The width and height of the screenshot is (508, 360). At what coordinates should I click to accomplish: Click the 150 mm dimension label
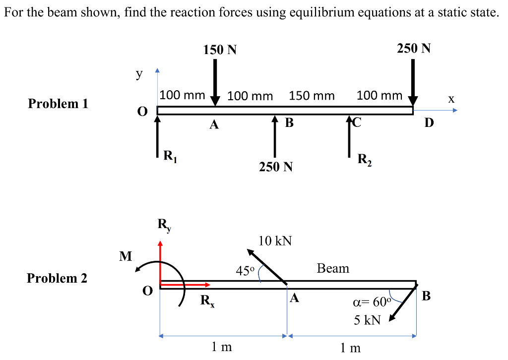tap(312, 95)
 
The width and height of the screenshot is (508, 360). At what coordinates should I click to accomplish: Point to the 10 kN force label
tap(275, 241)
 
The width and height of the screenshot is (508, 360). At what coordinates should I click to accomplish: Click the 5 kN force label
tap(367, 320)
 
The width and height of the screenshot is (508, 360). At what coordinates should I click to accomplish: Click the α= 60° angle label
tap(372, 303)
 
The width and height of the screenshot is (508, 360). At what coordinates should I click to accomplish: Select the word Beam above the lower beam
tap(333, 268)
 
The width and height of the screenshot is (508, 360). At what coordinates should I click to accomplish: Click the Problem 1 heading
tap(58, 104)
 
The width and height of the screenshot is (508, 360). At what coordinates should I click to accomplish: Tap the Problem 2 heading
tap(57, 278)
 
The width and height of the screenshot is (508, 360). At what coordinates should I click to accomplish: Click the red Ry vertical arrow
tap(160, 263)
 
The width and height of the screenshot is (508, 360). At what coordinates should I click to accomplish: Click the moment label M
tap(126, 256)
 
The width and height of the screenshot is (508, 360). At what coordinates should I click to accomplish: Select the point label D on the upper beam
tap(429, 122)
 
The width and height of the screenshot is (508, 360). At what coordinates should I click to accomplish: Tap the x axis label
tap(450, 99)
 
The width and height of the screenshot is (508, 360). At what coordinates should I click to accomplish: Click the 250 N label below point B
tap(276, 167)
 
